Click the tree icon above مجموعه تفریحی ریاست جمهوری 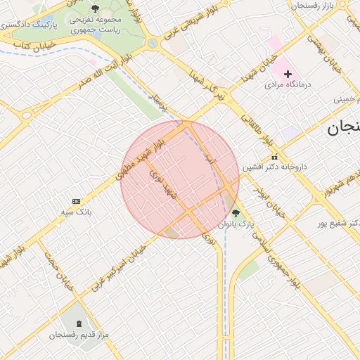click(x=95, y=9)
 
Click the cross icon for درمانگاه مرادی click(x=288, y=74)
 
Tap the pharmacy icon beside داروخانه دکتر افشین click(x=274, y=157)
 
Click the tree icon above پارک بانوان click(x=236, y=213)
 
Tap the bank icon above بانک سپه click(x=77, y=201)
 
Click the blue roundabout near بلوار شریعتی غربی click(x=153, y=44)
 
